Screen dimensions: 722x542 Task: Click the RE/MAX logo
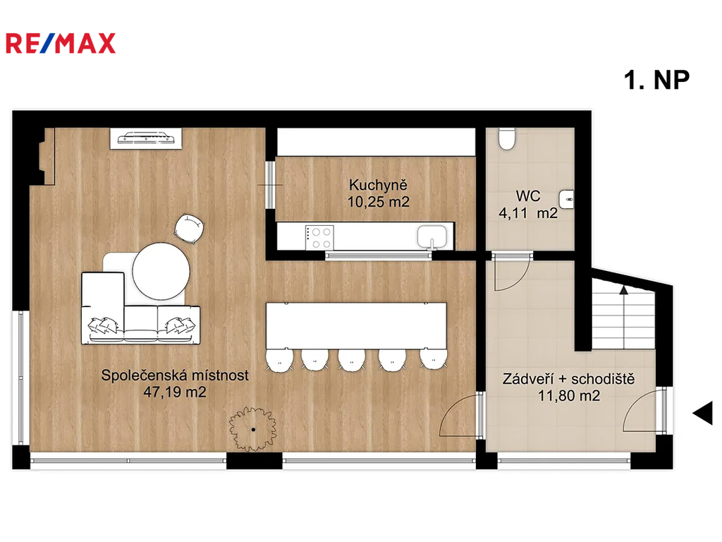pos(61,43)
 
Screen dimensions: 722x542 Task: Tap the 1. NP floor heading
pos(656,80)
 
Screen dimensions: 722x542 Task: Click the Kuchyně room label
pos(378,185)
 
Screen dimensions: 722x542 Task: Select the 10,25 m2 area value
pos(378,202)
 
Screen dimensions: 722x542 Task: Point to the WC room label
pos(527,196)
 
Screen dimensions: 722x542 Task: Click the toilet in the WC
pos(507,139)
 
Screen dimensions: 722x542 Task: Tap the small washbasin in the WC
pos(566,200)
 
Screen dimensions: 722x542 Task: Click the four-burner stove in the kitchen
pos(319,238)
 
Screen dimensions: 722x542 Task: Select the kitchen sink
pos(432,237)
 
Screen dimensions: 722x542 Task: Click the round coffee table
pos(161,271)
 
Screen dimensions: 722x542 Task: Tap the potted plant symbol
pos(253,429)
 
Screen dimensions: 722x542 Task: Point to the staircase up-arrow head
pos(623,290)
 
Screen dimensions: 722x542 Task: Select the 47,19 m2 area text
pos(175,392)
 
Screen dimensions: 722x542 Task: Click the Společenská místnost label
pos(175,375)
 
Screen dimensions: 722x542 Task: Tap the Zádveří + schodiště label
pos(569,379)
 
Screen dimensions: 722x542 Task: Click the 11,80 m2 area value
pos(569,396)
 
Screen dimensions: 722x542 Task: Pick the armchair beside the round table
pos(189,228)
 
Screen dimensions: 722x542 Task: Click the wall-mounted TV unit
pos(145,138)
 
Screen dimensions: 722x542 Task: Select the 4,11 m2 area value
pos(528,213)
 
